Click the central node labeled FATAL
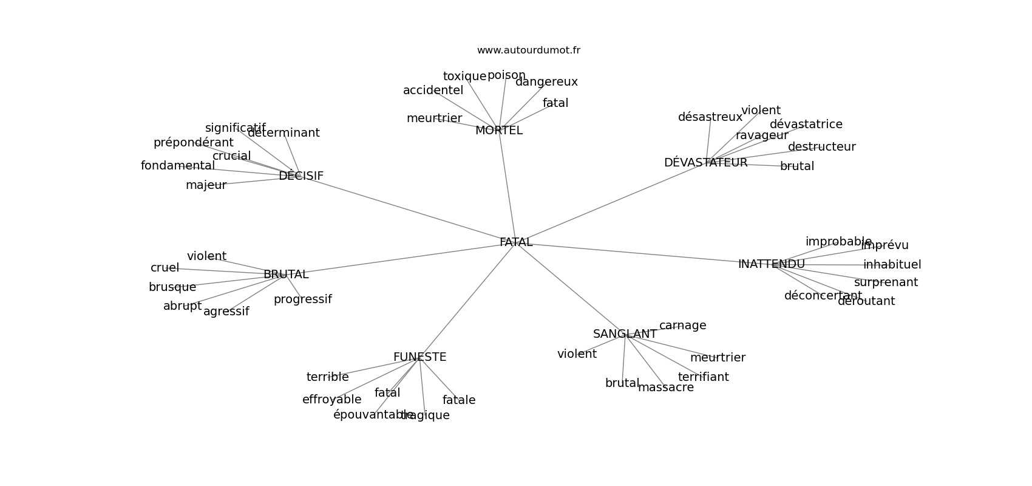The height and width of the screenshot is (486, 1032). [516, 242]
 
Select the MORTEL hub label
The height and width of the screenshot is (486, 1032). [498, 131]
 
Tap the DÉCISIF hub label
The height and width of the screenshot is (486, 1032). [300, 176]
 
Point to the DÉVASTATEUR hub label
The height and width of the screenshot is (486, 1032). [705, 163]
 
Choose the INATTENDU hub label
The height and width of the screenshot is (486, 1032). [771, 264]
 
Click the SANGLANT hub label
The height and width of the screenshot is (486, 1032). [625, 334]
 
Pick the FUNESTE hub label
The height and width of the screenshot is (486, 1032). [419, 357]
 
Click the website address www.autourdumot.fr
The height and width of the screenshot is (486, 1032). [528, 50]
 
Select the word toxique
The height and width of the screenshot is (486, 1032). [464, 77]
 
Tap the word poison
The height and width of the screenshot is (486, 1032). [506, 75]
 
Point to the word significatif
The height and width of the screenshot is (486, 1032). [235, 128]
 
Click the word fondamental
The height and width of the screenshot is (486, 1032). [177, 166]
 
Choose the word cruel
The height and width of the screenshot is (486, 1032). [165, 268]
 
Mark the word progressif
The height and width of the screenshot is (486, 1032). [302, 299]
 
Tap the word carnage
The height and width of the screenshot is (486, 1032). [682, 326]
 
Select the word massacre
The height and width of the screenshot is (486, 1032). [665, 388]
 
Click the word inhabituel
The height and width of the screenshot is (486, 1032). [892, 265]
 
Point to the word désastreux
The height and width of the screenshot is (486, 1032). [710, 117]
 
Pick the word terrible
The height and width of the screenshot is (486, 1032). [327, 377]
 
